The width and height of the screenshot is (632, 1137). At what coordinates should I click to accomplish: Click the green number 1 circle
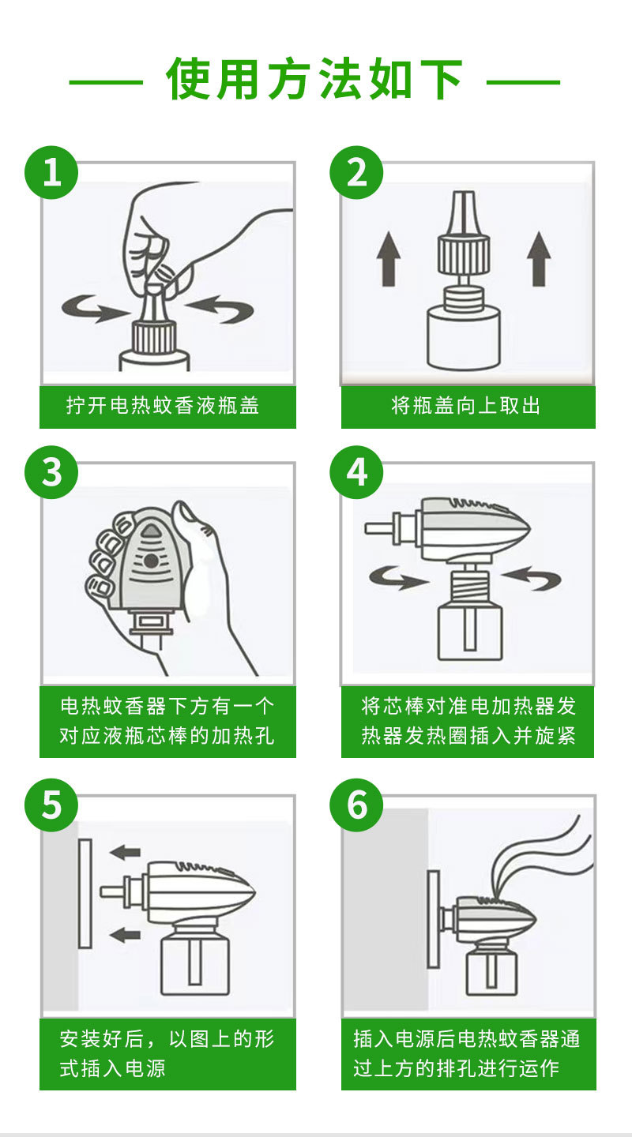tap(51, 173)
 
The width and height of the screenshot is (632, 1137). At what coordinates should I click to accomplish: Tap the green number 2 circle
tap(356, 173)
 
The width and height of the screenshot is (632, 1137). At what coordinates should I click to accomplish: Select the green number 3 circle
tap(51, 472)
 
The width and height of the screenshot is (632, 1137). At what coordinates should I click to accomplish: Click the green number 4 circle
tap(356, 472)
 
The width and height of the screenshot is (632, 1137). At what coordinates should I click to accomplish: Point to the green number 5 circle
tap(51, 805)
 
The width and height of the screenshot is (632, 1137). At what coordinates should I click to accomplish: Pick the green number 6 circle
tap(356, 805)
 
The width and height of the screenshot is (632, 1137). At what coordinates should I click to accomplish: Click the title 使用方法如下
tap(315, 79)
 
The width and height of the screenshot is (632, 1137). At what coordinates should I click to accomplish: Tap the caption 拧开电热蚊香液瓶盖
tap(163, 406)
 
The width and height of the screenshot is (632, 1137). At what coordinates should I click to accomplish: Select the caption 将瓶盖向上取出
tap(465, 406)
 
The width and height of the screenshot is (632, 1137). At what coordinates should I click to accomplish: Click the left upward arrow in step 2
tap(389, 259)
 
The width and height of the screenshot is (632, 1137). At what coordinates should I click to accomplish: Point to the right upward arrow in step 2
tap(539, 259)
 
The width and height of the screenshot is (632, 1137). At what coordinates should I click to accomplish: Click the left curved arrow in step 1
tap(95, 309)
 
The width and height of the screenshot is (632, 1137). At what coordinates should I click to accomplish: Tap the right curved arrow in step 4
tap(531, 578)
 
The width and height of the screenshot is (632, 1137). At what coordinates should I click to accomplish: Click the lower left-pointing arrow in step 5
tap(125, 935)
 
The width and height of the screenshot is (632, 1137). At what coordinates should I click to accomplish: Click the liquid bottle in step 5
tap(195, 959)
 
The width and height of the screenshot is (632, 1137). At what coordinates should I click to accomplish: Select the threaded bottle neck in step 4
tap(470, 585)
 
